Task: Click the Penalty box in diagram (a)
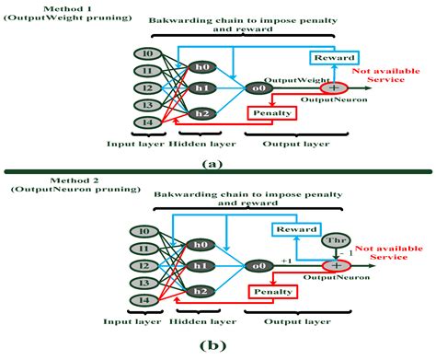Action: click(x=271, y=113)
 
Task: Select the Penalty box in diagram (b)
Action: click(x=271, y=292)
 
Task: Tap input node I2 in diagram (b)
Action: click(x=143, y=265)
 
